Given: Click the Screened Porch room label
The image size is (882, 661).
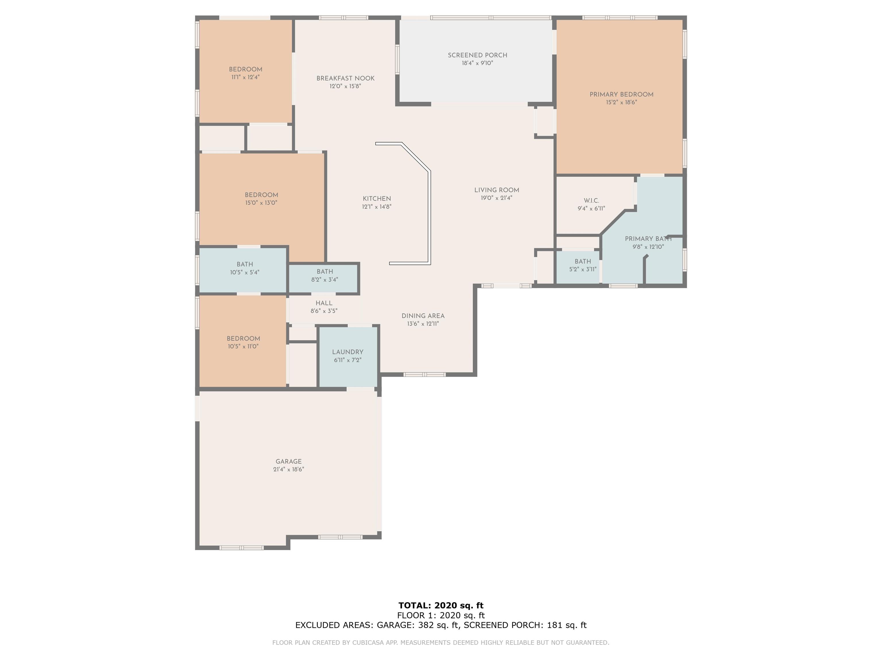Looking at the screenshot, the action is (x=477, y=55).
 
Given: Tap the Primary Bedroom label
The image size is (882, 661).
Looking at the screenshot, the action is (x=621, y=94).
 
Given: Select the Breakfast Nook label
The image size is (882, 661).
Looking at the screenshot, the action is (x=345, y=79).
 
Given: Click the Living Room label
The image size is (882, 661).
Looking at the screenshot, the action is (x=496, y=190).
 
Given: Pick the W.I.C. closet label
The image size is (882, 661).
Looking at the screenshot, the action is (x=591, y=201).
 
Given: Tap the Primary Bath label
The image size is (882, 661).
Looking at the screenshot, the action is (x=648, y=239).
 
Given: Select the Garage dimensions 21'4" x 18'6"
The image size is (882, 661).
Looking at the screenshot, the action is (x=289, y=469).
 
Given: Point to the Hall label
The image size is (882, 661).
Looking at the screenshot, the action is (x=324, y=303).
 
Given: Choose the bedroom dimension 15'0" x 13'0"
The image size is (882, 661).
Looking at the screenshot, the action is (x=261, y=203).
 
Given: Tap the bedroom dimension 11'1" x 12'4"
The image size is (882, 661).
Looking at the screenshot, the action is (x=245, y=77).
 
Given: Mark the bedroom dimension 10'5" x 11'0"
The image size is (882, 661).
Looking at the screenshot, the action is (x=243, y=347).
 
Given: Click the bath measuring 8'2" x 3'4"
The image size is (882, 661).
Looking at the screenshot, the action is (x=324, y=276).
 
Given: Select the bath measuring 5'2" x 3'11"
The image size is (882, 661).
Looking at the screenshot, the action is (x=583, y=265).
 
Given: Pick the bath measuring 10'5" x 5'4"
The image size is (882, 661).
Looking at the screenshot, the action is (x=244, y=269).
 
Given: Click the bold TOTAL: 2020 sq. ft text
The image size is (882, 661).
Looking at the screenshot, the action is (x=441, y=606).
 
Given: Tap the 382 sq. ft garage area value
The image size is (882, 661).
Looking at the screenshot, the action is (x=438, y=625).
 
